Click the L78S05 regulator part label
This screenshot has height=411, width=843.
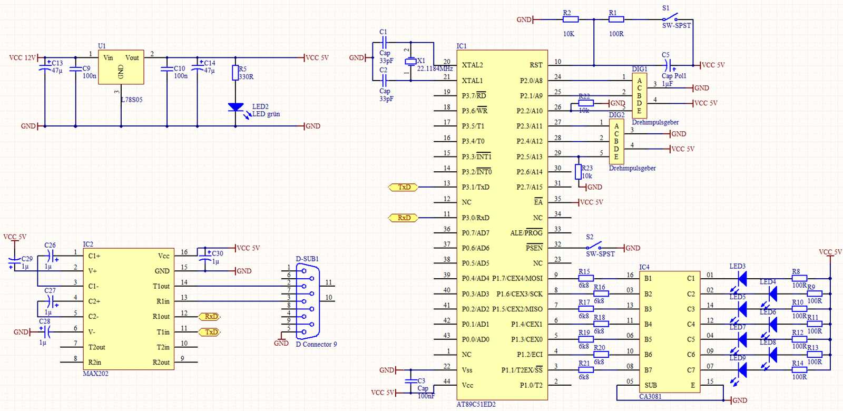132,100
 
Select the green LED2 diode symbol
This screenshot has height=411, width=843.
236,107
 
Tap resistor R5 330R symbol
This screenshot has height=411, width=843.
236,73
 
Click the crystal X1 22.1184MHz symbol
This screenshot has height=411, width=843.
410,62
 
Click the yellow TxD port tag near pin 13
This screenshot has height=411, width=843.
404,187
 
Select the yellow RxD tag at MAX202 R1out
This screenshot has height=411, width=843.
210,317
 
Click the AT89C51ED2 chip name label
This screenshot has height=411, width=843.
476,404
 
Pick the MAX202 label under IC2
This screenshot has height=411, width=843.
95,374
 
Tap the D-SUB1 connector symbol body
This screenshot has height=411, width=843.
308,301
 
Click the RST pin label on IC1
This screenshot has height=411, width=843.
536,65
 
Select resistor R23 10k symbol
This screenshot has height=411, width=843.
578,172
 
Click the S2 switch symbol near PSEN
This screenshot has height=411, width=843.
594,247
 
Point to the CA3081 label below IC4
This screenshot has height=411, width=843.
650,396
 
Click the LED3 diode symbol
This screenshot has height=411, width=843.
742,279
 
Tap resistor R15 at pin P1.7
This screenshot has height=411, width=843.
585,278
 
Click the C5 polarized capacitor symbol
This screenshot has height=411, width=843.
668,65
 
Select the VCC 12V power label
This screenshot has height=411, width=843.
22,58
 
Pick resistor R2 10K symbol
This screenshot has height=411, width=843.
570,19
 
